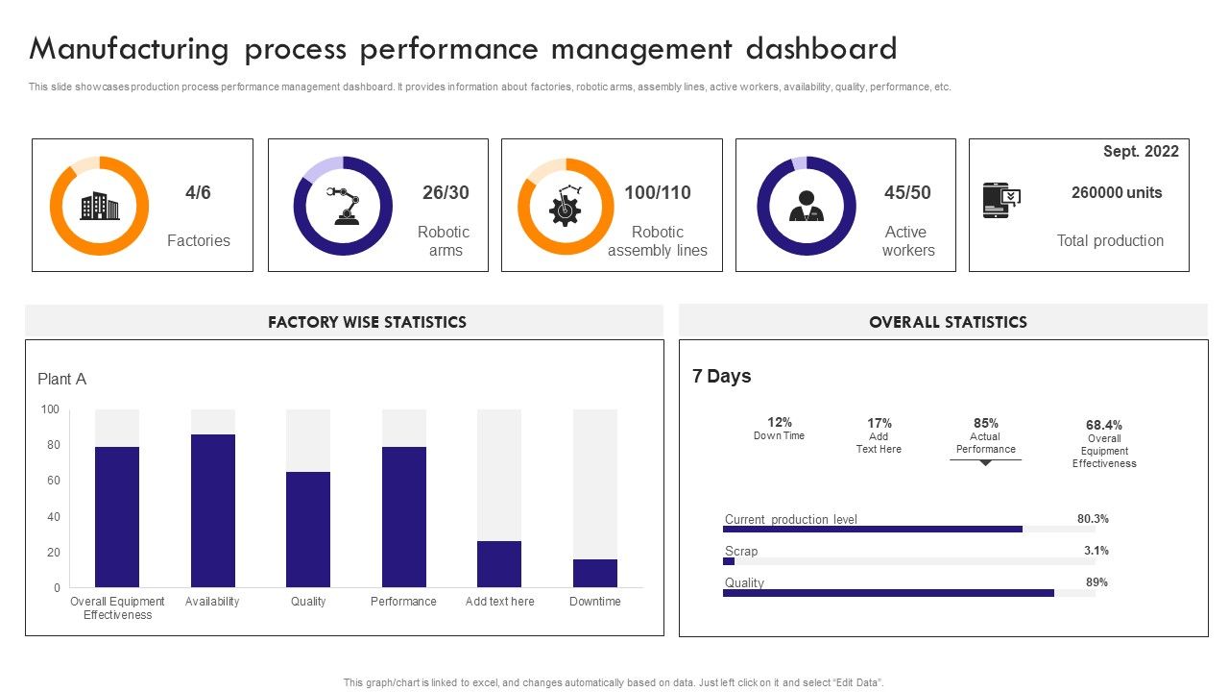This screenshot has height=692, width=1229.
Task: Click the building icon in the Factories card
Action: tap(99, 206)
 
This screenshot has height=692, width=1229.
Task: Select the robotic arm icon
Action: tap(343, 206)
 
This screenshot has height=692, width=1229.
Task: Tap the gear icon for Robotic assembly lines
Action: tap(566, 207)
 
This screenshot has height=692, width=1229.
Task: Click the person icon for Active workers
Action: tap(806, 206)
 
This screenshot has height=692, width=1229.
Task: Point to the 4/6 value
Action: tap(198, 192)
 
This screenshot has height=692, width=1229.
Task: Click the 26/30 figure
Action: tap(446, 192)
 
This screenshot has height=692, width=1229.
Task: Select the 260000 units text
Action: tap(1116, 192)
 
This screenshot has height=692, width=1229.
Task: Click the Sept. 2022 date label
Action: tap(1140, 151)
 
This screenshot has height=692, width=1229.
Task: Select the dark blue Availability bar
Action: tap(213, 510)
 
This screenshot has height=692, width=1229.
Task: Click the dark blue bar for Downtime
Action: tap(594, 573)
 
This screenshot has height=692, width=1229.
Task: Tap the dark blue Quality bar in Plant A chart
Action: tap(308, 529)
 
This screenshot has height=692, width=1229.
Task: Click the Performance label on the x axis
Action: tap(403, 602)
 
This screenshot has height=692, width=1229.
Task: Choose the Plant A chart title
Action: tap(62, 379)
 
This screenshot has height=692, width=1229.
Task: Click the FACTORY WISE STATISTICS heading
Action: tap(367, 322)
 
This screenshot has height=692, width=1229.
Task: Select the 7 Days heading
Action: tap(722, 376)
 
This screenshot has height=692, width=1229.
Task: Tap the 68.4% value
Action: tap(1104, 425)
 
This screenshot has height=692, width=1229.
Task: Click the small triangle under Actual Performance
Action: tap(985, 463)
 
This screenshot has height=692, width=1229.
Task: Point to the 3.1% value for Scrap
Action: tap(1096, 551)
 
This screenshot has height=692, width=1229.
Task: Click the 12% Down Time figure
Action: tap(779, 422)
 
